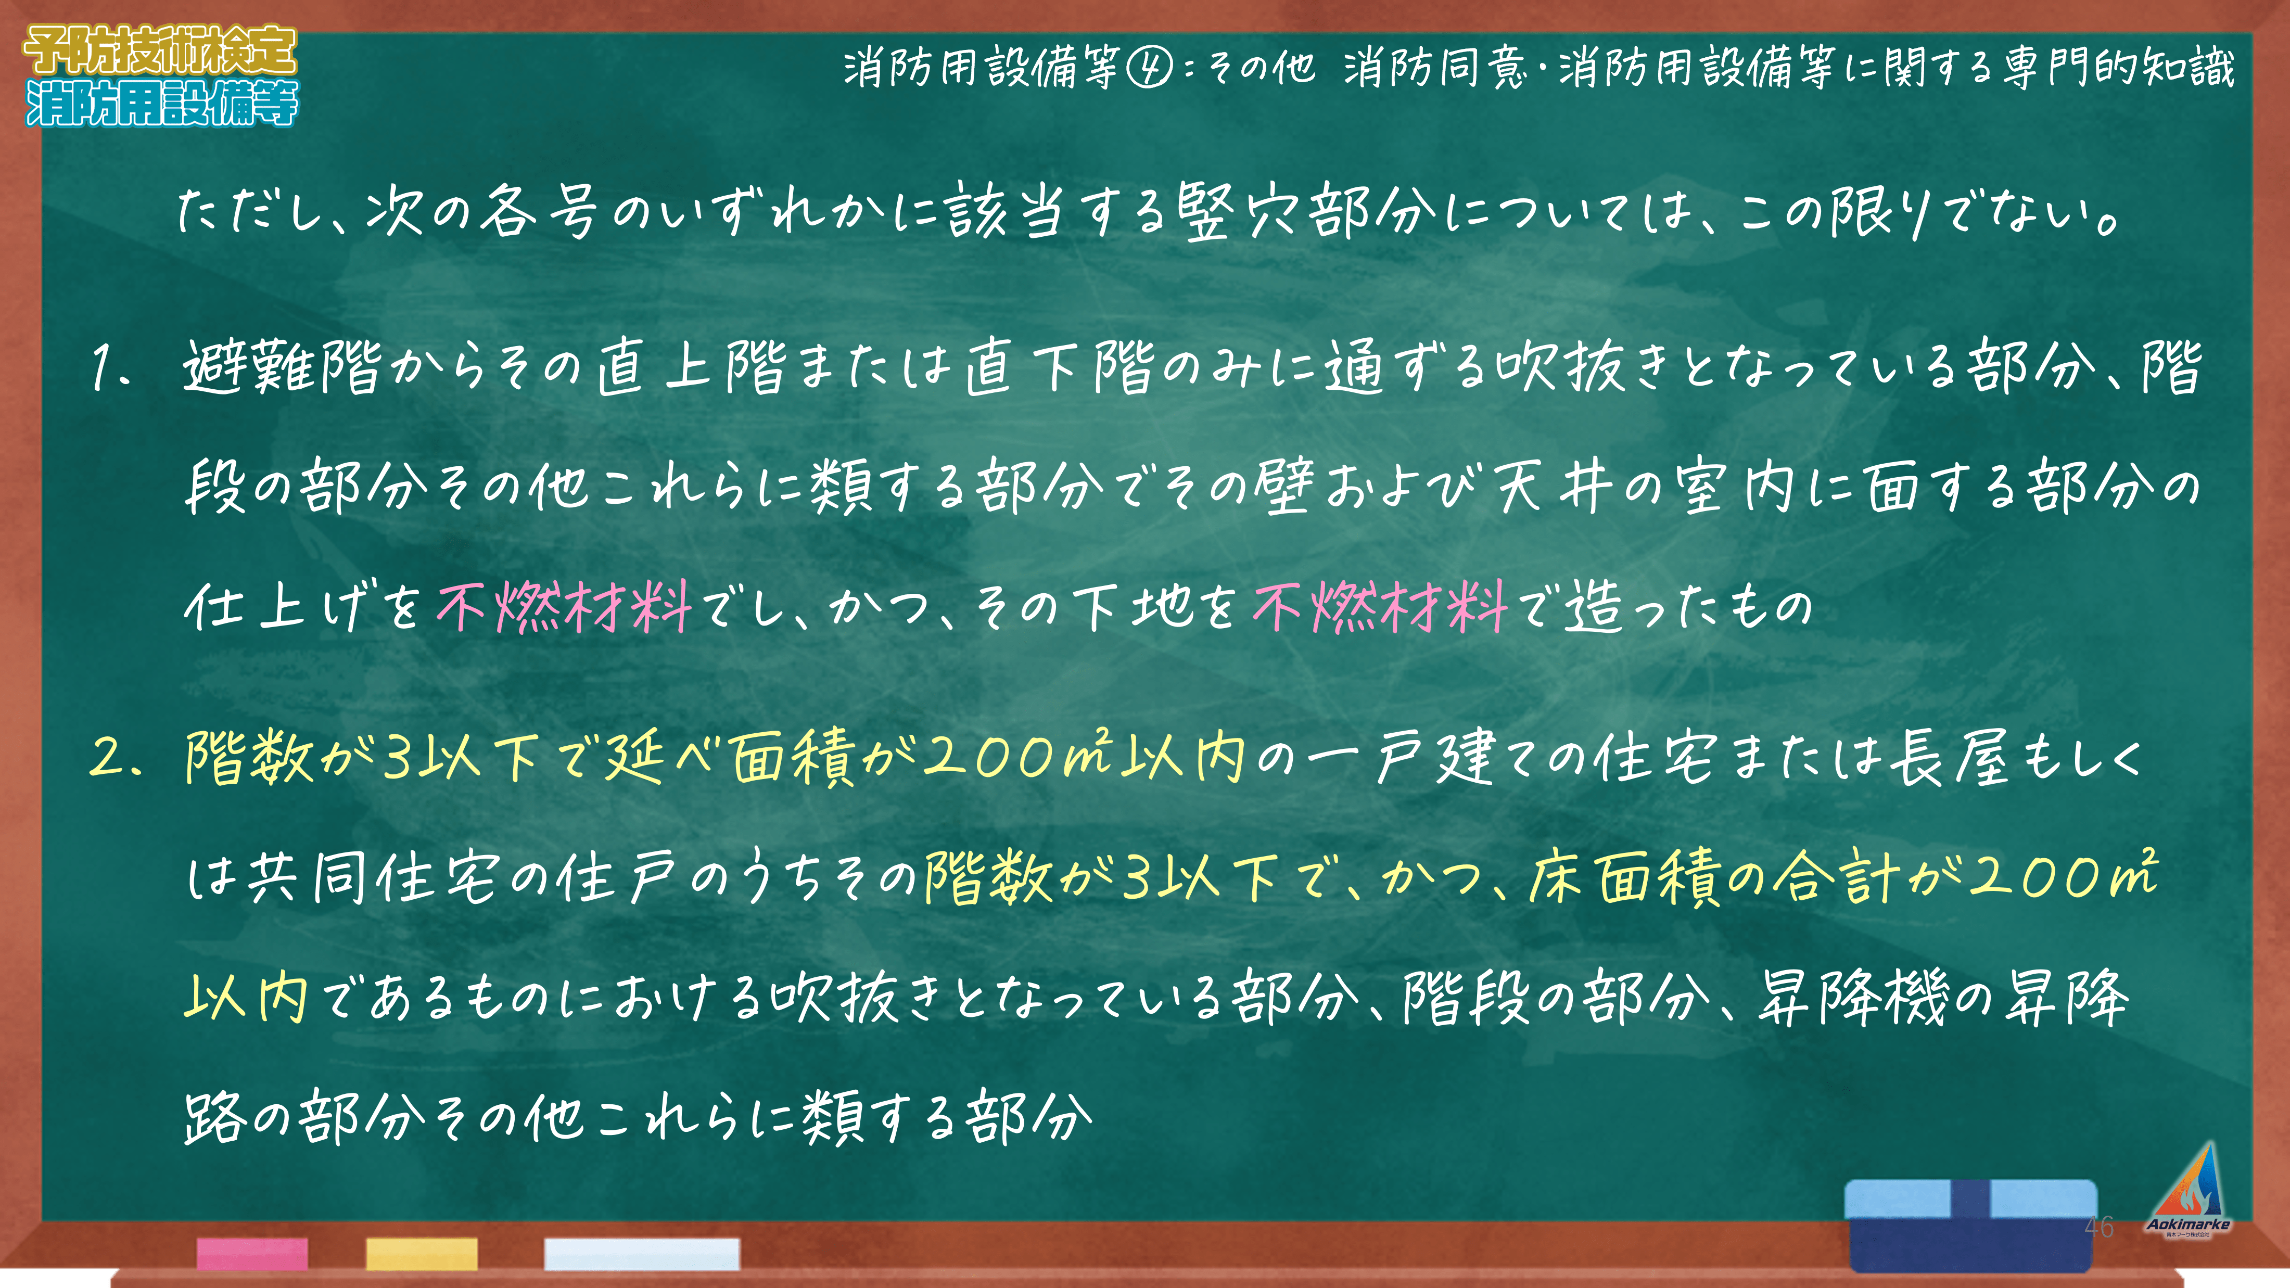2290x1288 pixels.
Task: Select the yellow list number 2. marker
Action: click(116, 758)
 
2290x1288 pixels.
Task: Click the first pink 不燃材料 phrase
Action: click(565, 607)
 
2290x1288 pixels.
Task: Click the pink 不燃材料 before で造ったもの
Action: click(1380, 607)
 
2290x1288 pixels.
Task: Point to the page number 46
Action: click(2099, 1227)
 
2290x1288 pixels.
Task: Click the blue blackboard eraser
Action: click(1971, 1225)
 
